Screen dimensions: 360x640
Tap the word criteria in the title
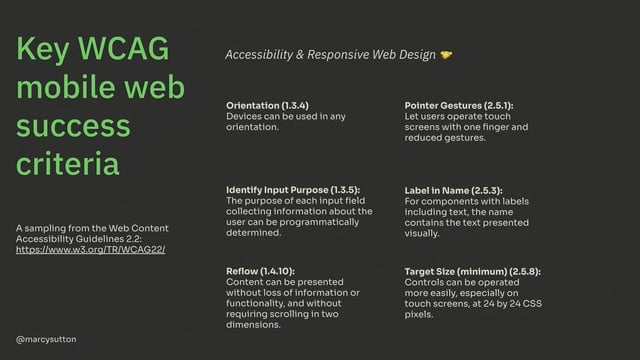[67, 162]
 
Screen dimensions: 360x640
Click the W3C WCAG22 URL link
[91, 249]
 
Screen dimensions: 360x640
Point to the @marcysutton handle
[46, 340]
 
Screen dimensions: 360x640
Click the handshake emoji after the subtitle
[446, 56]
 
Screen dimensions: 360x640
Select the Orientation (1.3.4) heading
[267, 105]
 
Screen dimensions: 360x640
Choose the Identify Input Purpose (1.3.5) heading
[293, 189]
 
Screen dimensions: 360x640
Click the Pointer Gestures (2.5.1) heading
[459, 105]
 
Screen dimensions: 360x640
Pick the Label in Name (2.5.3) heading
[453, 189]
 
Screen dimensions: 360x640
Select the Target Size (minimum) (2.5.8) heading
[472, 272]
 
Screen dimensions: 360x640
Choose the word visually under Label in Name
[422, 233]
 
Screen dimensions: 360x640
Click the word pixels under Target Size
[420, 314]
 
